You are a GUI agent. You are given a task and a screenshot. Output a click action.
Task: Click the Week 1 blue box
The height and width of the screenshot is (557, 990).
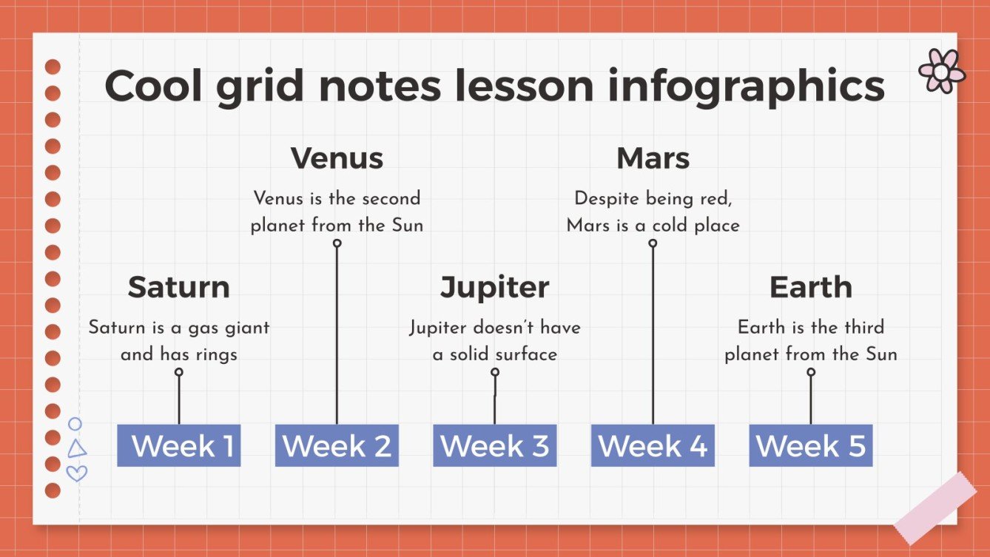(179, 445)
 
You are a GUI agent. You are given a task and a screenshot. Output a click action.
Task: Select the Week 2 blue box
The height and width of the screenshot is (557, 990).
(337, 445)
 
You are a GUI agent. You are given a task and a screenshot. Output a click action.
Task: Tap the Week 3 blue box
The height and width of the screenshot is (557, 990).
(494, 445)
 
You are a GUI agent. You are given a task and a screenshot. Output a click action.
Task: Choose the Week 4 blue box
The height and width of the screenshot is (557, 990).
(653, 445)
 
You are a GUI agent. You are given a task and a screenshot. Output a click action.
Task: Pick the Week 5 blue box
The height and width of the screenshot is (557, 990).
(810, 445)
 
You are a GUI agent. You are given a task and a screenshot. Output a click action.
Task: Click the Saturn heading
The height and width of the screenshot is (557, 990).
(178, 287)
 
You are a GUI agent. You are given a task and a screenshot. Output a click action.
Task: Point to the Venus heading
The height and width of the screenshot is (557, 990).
(337, 158)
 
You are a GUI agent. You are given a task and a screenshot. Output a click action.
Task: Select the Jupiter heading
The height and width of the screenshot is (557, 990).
(494, 287)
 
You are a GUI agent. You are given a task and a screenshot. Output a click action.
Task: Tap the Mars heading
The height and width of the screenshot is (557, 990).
(653, 158)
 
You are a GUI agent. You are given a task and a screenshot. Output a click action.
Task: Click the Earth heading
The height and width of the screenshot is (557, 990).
(810, 287)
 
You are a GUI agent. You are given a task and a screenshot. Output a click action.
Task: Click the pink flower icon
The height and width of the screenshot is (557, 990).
(941, 71)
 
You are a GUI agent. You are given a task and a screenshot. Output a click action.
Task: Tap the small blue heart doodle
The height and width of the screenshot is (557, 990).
(77, 473)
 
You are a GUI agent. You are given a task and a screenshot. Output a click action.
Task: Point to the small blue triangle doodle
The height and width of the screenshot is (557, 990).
(77, 449)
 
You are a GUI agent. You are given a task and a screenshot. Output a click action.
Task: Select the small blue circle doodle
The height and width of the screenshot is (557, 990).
(75, 424)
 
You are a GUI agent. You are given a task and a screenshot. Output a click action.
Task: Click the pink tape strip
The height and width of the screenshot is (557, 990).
(935, 508)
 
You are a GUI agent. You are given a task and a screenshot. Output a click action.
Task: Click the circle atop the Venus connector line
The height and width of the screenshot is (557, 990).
(337, 243)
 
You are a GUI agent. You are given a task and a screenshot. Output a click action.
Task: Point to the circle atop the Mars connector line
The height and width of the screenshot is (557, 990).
(653, 243)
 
